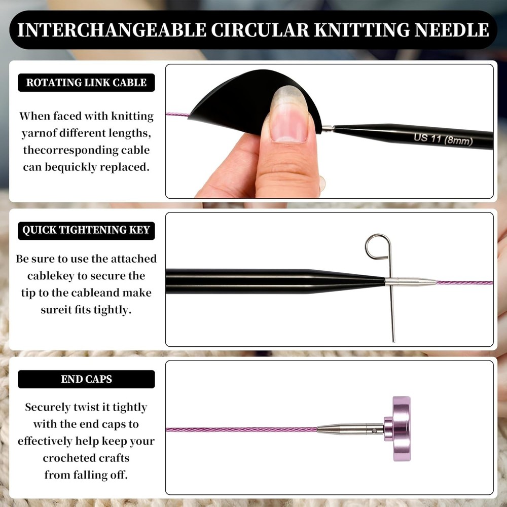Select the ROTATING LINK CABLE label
(x=86, y=83)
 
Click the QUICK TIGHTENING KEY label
(x=86, y=230)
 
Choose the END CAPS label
(x=86, y=379)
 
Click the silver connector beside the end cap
(x=350, y=429)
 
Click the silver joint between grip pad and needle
(x=328, y=129)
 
